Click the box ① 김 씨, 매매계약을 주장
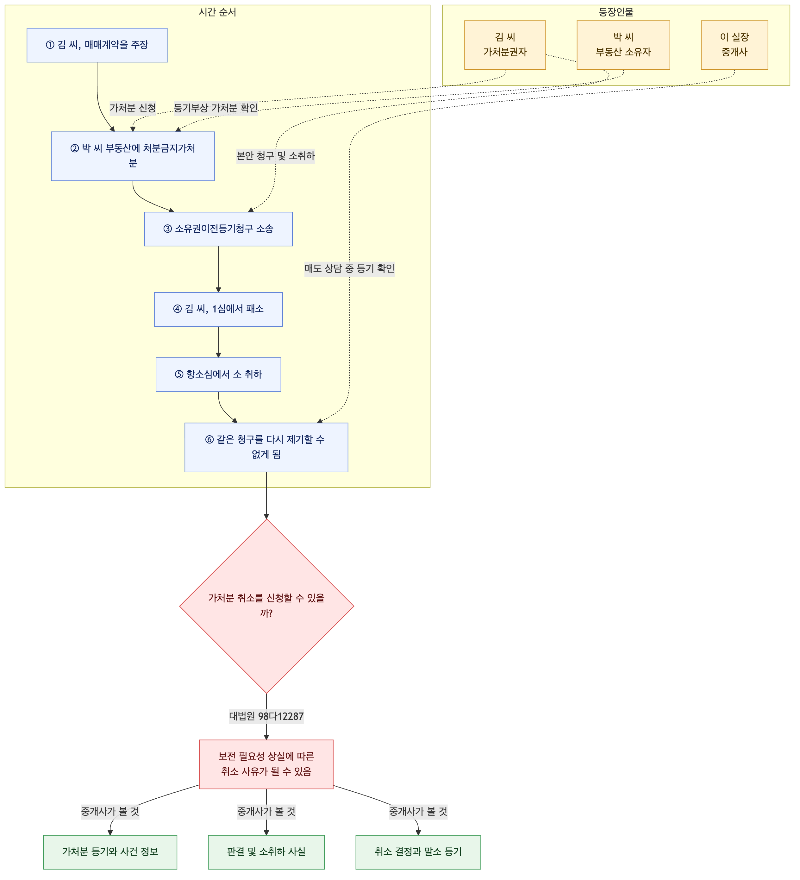point(97,45)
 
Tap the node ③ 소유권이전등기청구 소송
point(218,229)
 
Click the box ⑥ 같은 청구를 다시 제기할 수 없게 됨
point(266,447)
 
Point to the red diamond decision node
point(266,606)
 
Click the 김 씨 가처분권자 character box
point(505,45)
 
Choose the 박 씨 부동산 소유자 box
point(623,45)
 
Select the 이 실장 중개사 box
point(734,45)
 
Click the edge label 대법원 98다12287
point(266,716)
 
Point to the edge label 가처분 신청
point(133,108)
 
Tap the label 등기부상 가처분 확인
point(216,108)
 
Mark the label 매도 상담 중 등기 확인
point(349,269)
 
